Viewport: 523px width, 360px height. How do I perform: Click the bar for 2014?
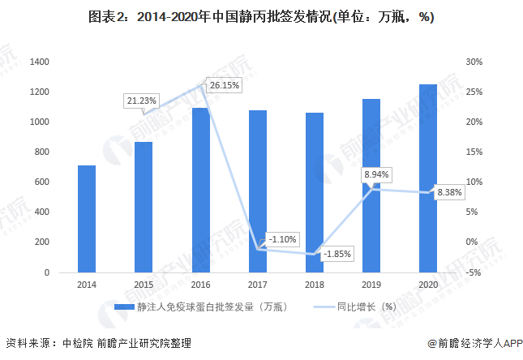point(87,219)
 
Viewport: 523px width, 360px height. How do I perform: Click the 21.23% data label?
point(141,101)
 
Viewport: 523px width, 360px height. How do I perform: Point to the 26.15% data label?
point(224,84)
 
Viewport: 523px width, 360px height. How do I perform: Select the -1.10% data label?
point(283,238)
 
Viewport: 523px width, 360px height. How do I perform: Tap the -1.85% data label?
point(337,254)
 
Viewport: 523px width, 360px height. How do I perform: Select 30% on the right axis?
point(474,62)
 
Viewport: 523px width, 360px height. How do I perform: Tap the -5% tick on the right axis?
point(474,272)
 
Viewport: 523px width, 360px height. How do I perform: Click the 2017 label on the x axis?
point(257,285)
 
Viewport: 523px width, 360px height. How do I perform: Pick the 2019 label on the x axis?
point(371,285)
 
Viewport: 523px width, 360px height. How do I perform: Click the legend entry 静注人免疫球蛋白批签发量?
point(207,306)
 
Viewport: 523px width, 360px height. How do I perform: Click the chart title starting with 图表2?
point(260,17)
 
